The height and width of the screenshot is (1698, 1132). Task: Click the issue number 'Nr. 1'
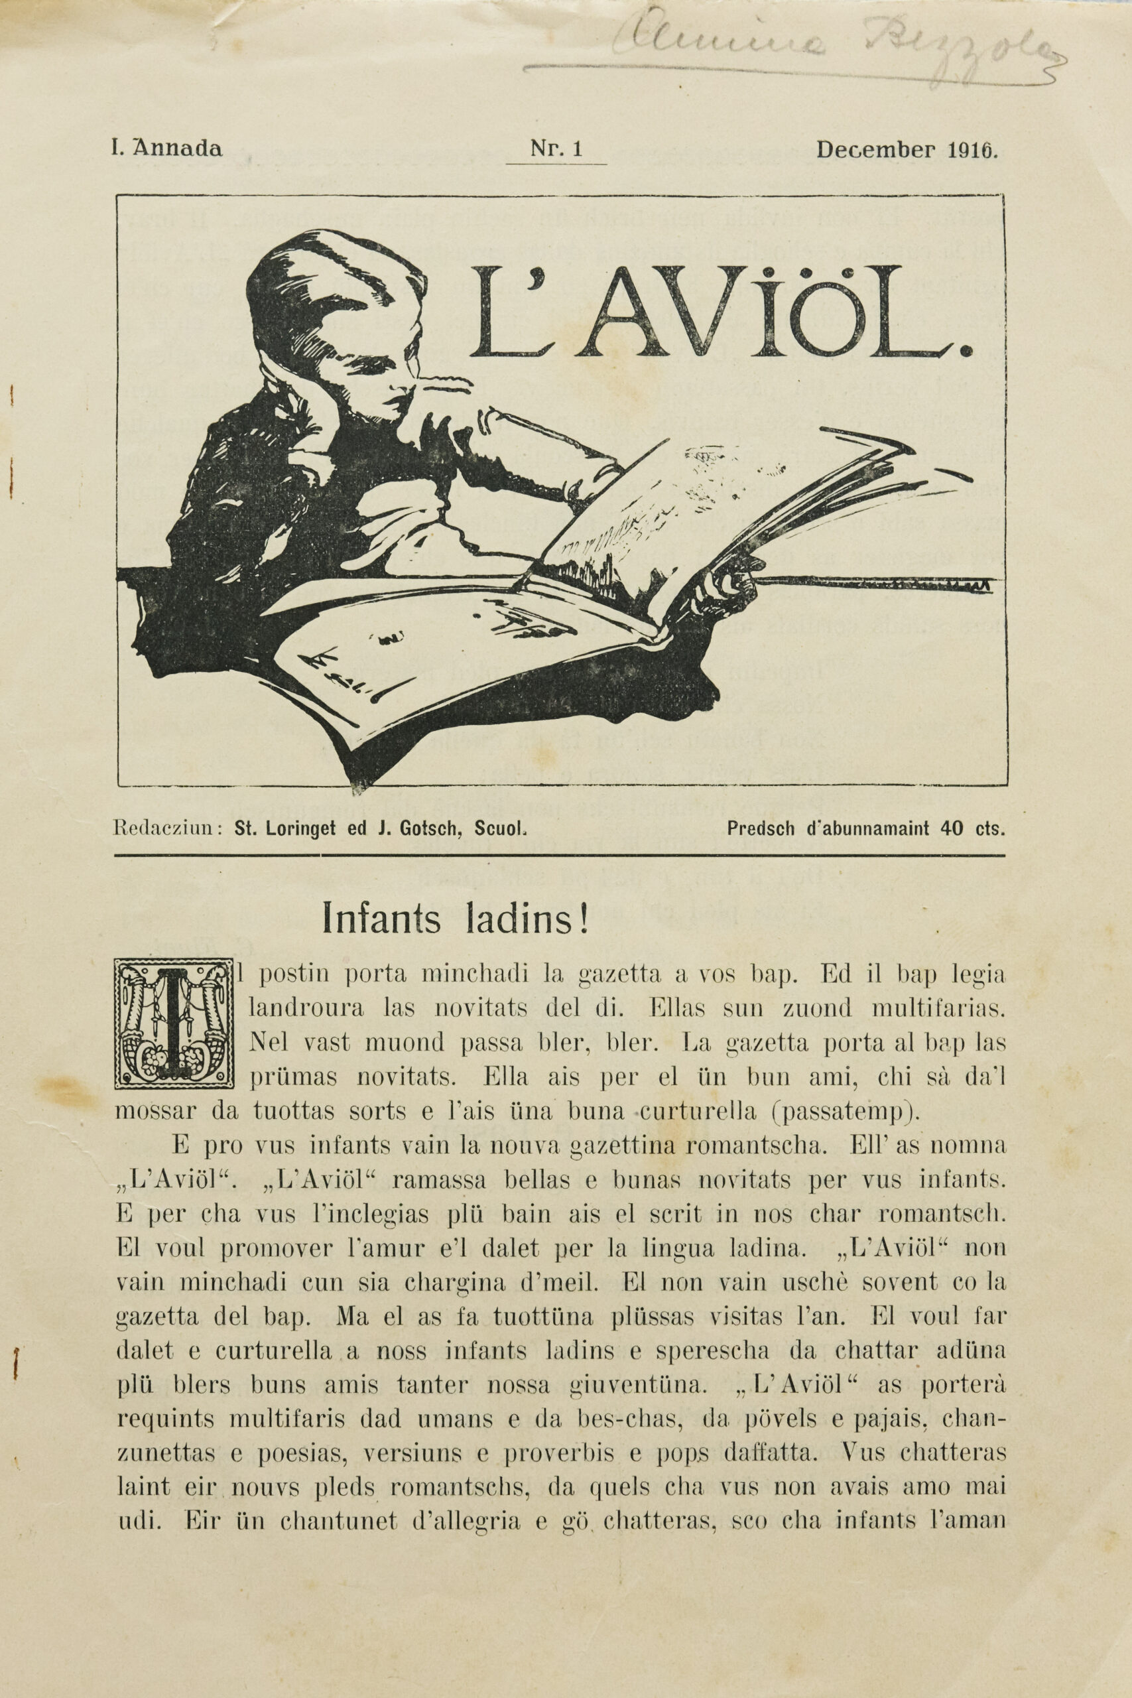[556, 149]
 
